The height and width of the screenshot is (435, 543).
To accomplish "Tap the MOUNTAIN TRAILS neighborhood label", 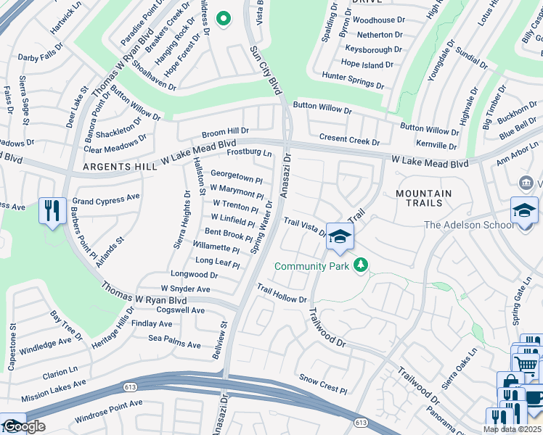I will click(x=434, y=199).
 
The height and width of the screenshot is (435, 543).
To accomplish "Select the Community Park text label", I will click(x=311, y=266).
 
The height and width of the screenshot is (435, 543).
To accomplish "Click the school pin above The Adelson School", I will click(x=523, y=210).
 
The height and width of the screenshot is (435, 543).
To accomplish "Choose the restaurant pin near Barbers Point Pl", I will click(x=52, y=211).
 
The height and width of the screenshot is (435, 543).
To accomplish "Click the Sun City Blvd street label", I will click(x=265, y=70).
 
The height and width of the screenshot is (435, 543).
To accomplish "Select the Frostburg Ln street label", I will click(x=249, y=153).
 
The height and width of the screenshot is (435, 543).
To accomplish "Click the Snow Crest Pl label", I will click(x=324, y=384).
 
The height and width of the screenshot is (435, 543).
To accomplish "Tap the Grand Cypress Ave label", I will click(x=106, y=196).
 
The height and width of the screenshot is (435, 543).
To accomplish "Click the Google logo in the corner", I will click(x=23, y=426).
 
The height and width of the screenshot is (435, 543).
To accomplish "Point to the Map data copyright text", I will click(x=513, y=429).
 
